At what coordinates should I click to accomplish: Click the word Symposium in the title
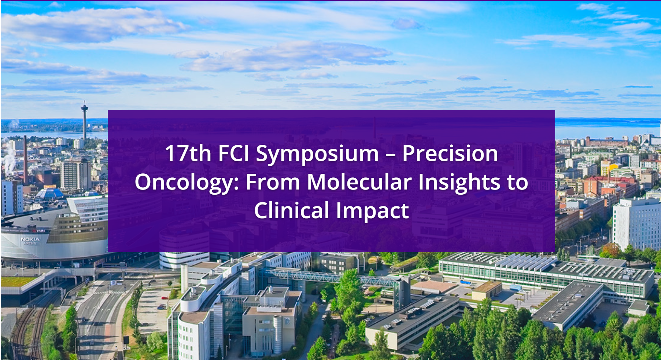point(317,154)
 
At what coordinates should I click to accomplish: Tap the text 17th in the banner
point(188,153)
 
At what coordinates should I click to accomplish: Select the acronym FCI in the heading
point(234,153)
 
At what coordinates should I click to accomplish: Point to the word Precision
point(450,153)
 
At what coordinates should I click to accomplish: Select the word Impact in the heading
point(372,212)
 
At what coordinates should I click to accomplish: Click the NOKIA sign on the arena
point(30,239)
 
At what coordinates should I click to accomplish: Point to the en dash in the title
point(391,155)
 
